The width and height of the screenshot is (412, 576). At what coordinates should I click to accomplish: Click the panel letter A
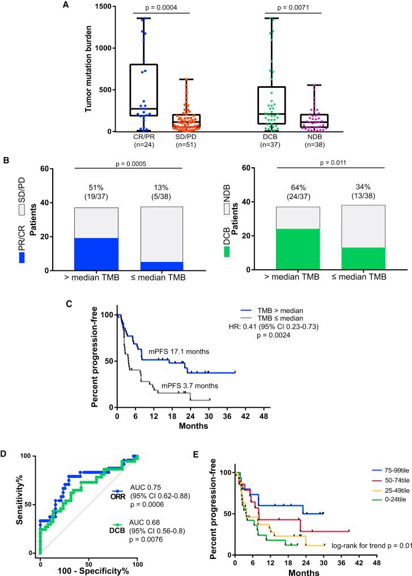coord(66,5)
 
